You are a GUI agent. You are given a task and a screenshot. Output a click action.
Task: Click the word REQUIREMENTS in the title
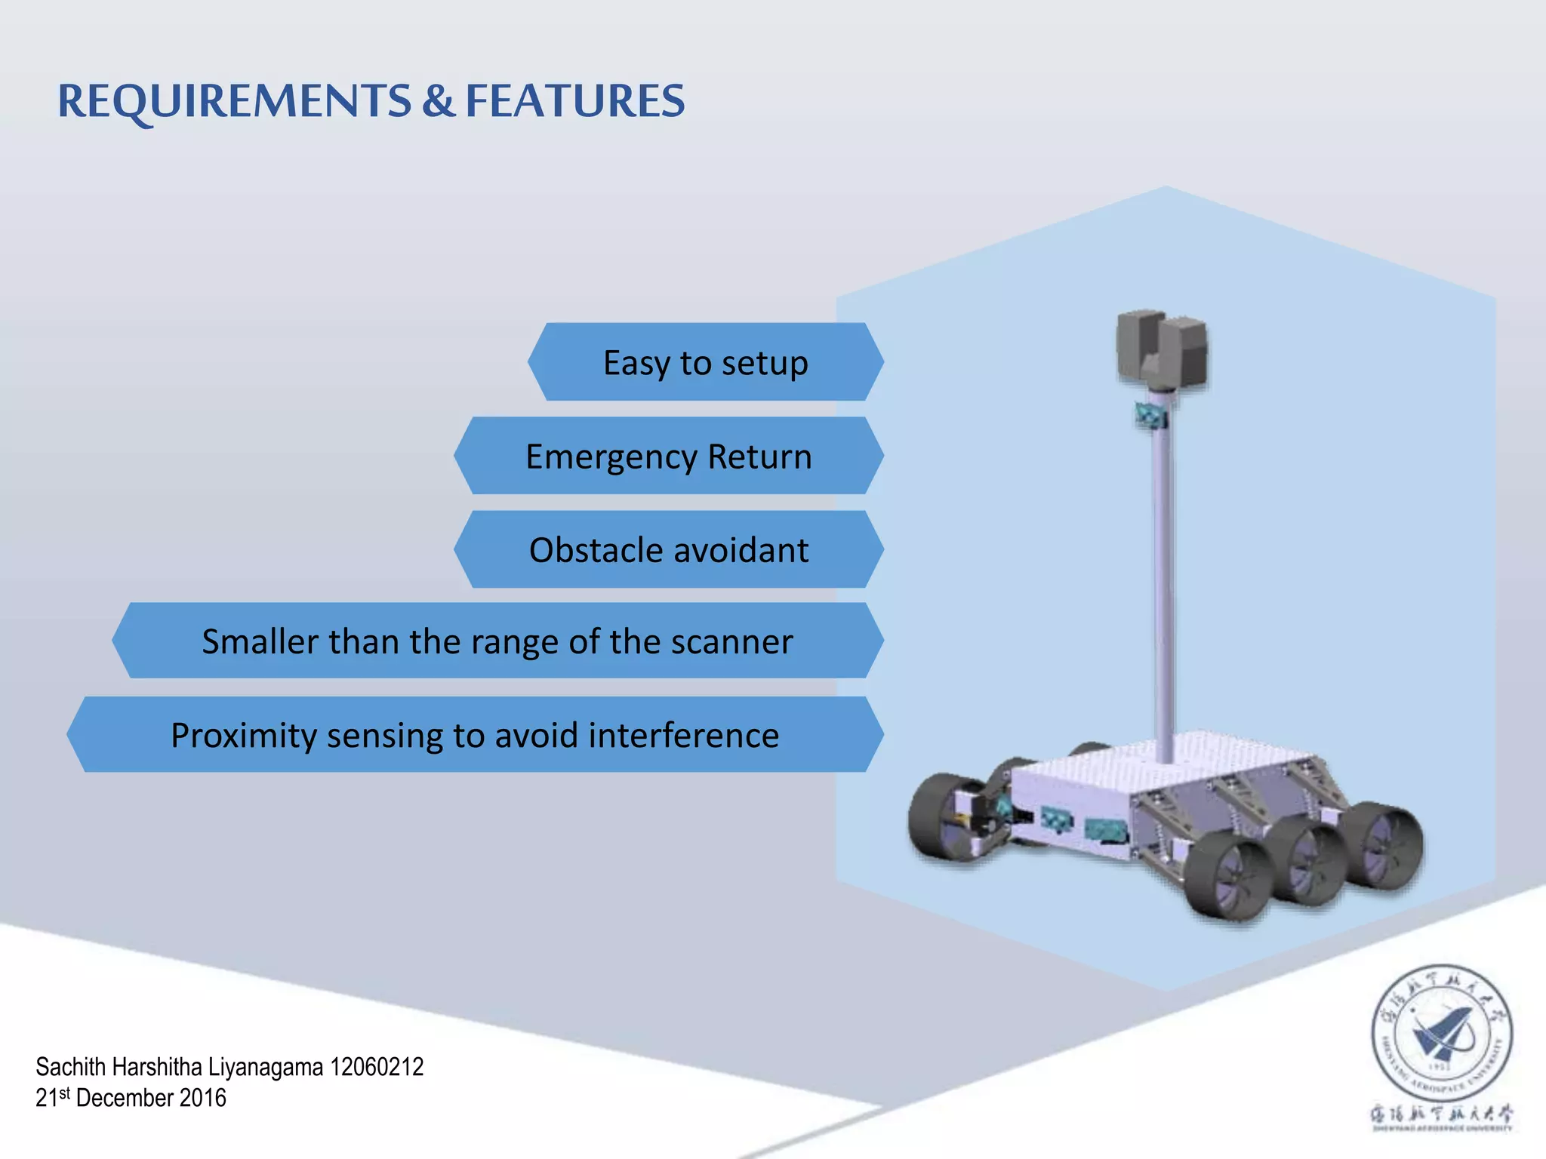[x=234, y=102]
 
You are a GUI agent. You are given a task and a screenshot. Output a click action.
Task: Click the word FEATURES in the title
[x=575, y=102]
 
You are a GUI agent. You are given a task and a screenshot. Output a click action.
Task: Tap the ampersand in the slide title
[x=438, y=102]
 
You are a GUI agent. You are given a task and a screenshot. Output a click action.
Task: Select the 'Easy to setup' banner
[x=706, y=362]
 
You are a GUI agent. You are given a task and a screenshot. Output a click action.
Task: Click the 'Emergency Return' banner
[x=669, y=457]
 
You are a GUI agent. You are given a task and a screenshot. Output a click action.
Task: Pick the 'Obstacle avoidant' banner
[x=669, y=550]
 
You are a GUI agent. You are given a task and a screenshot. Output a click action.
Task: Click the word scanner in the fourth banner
[x=731, y=642]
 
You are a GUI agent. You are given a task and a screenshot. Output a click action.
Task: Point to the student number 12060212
[x=377, y=1067]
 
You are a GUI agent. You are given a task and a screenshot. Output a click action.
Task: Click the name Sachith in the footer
[x=71, y=1067]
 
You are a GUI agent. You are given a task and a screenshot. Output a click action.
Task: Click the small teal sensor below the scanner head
[x=1151, y=415]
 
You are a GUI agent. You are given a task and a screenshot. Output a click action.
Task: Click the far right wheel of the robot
[x=1385, y=845]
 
